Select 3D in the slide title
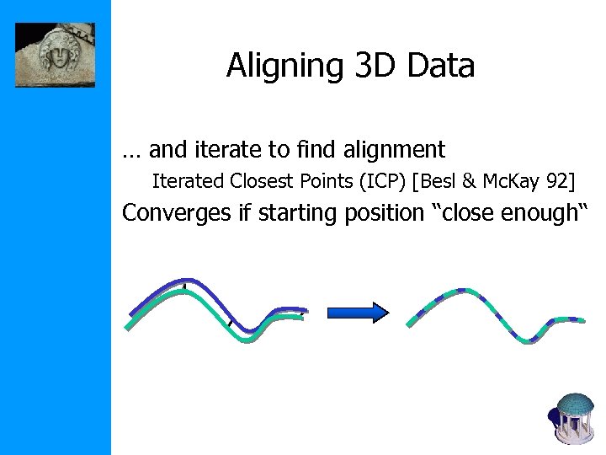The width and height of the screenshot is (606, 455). pyautogui.click(x=368, y=66)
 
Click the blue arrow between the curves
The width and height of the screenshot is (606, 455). pyautogui.click(x=357, y=313)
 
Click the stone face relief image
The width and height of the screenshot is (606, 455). pyautogui.click(x=56, y=55)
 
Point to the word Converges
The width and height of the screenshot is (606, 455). pyautogui.click(x=177, y=213)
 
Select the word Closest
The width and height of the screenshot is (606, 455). pyautogui.click(x=263, y=180)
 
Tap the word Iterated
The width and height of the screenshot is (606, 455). pyautogui.click(x=187, y=180)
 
